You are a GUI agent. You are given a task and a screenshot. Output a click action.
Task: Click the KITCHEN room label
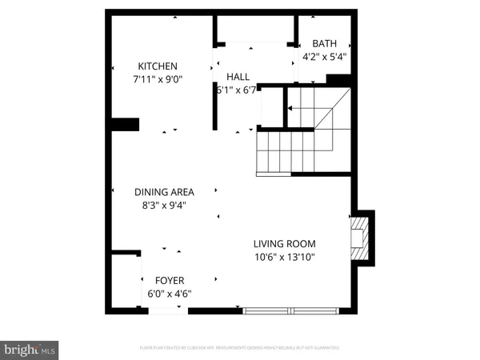tap(157, 66)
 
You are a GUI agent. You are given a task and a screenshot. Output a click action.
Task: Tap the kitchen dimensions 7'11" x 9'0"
tap(157, 80)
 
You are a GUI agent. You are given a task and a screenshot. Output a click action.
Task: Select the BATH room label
tap(325, 43)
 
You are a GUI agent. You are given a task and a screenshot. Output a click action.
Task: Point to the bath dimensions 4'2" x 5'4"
tap(325, 57)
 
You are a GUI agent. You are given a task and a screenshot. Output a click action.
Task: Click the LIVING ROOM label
tap(285, 244)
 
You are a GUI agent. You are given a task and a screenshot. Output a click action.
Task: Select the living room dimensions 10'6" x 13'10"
tap(285, 258)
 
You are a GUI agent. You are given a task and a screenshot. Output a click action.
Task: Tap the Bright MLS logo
tap(30, 349)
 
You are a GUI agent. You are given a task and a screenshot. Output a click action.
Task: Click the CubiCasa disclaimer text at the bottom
tap(239, 348)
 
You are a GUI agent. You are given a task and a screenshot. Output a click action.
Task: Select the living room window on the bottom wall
tap(291, 310)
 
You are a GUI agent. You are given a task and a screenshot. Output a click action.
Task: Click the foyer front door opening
tap(166, 310)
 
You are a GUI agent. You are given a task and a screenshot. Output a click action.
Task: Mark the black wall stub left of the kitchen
tap(125, 124)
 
